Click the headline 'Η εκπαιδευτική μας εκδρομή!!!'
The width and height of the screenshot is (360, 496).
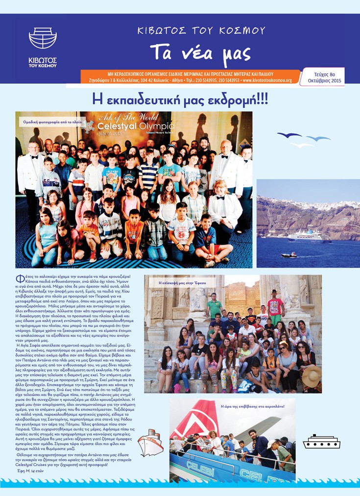180,99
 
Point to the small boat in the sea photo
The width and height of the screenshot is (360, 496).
288,255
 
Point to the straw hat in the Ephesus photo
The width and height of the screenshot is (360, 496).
312,376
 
